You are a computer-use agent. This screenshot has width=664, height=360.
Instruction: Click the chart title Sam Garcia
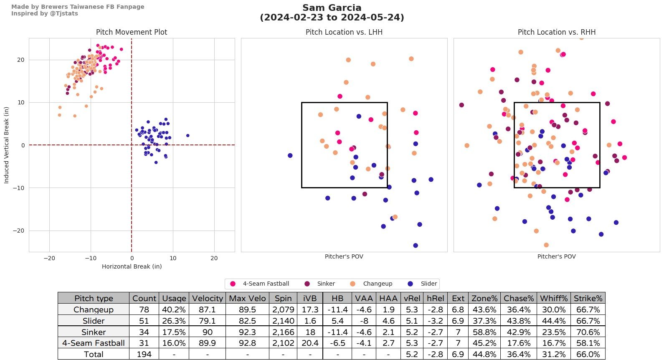tap(332, 8)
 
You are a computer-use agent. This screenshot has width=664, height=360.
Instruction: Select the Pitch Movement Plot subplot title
tap(132, 32)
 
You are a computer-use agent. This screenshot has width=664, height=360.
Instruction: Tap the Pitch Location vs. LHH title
tap(344, 32)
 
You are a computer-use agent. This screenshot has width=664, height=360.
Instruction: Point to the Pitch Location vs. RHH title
tap(556, 32)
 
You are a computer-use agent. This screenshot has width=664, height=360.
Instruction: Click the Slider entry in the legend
tap(428, 284)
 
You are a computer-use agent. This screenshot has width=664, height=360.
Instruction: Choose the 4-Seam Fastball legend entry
tap(266, 284)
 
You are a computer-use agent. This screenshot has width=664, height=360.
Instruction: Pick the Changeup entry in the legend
tap(377, 284)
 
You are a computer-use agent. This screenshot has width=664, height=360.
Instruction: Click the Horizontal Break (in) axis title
tap(132, 266)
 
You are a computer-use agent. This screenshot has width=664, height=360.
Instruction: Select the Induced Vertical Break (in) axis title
tap(6, 145)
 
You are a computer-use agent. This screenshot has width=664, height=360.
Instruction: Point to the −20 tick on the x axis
tap(49, 258)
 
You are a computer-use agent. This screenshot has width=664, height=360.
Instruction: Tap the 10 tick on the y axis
tap(20, 102)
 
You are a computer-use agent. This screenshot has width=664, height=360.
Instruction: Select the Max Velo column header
tap(247, 298)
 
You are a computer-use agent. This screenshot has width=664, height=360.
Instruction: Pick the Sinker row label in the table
tap(94, 332)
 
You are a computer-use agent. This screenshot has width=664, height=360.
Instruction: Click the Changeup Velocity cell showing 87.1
tap(207, 309)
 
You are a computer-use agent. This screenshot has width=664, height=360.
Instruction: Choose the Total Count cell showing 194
tap(144, 354)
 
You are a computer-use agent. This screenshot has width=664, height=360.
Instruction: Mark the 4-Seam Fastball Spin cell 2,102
tap(283, 343)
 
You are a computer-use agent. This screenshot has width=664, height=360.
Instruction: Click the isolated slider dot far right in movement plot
tap(188, 135)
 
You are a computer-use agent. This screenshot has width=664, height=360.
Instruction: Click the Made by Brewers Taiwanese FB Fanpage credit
tap(78, 7)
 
